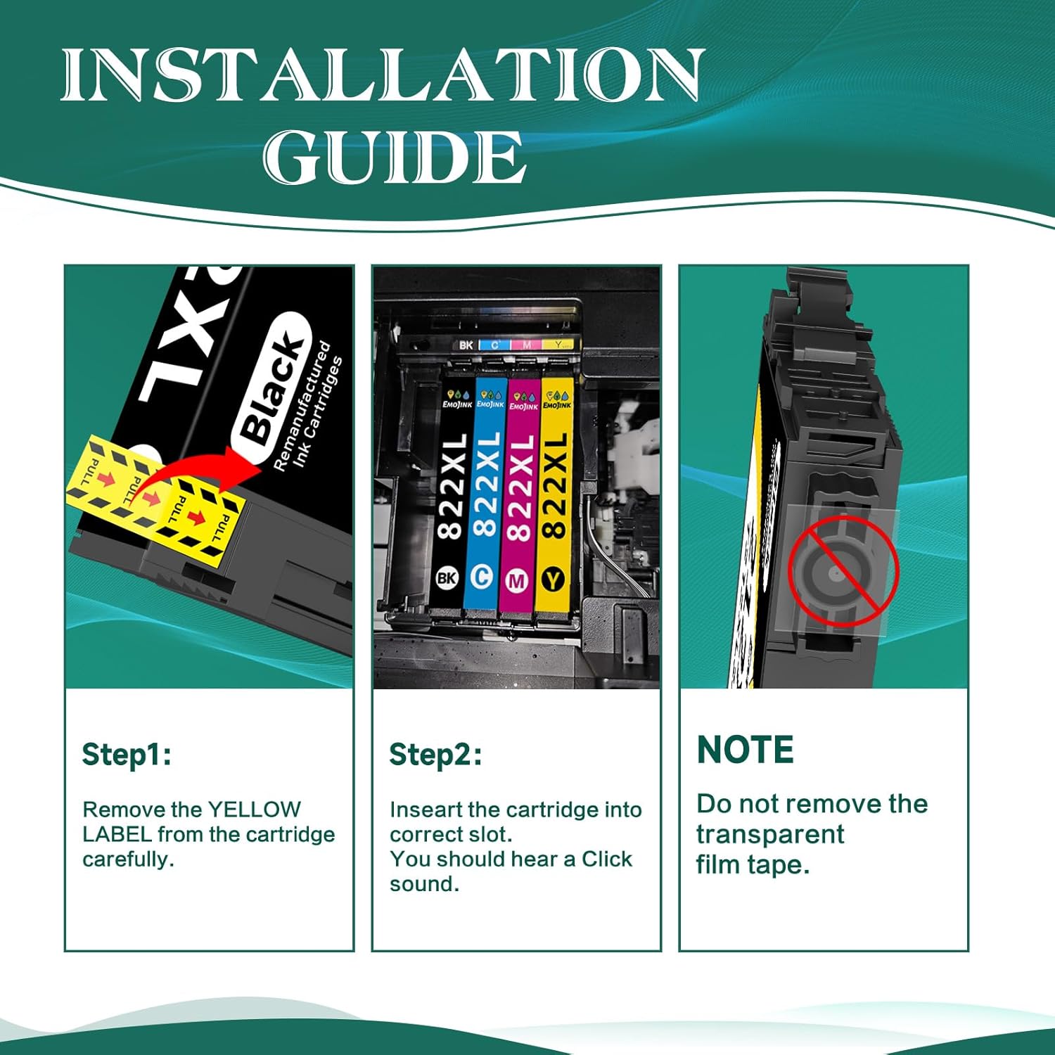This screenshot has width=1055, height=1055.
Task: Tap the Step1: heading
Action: pyautogui.click(x=127, y=755)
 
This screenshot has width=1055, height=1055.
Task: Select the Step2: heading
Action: pyautogui.click(x=435, y=755)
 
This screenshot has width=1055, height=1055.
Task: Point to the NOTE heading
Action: pyautogui.click(x=745, y=750)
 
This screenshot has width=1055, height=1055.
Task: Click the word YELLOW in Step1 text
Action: pyautogui.click(x=255, y=810)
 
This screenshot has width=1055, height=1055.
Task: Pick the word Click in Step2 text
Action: pyautogui.click(x=606, y=859)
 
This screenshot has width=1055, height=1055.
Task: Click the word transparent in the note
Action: pyautogui.click(x=769, y=835)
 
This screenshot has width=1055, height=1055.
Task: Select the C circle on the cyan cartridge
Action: pyautogui.click(x=482, y=577)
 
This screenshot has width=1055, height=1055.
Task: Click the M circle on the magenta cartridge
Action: pyautogui.click(x=517, y=580)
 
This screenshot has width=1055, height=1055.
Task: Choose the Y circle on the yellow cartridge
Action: pyautogui.click(x=553, y=580)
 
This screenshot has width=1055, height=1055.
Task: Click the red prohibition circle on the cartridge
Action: pyautogui.click(x=843, y=570)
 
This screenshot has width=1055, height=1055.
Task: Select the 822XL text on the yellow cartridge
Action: pyautogui.click(x=554, y=485)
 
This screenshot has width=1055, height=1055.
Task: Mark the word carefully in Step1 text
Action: pyautogui.click(x=128, y=859)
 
